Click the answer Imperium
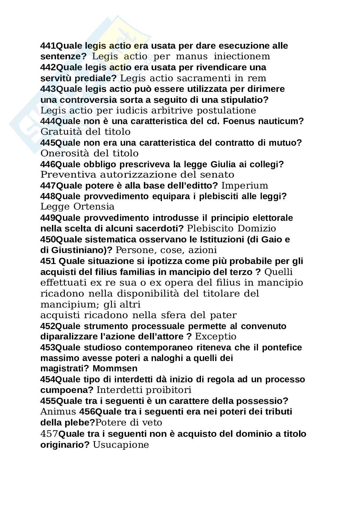[x=245, y=186]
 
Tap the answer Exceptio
[x=216, y=337]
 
